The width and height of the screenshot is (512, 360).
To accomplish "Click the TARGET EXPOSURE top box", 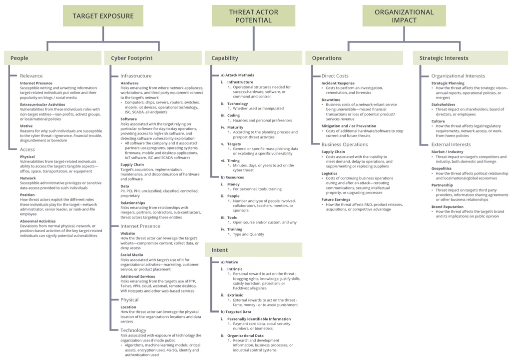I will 103,16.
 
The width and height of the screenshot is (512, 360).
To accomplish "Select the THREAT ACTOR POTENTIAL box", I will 253,16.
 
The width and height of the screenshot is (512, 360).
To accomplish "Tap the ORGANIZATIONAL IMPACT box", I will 404,16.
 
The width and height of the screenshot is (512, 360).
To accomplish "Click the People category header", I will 52,58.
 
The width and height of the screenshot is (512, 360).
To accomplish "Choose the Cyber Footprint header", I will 152,58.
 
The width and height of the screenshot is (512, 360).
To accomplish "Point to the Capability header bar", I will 253,58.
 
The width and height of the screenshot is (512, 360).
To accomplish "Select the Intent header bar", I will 253,250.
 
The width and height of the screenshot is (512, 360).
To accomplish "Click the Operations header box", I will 354,58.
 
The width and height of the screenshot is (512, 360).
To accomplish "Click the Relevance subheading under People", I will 31,76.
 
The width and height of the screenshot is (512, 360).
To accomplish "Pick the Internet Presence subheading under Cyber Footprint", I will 140,226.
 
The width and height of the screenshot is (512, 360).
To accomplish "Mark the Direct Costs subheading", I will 335,76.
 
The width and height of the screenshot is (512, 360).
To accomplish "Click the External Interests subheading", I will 451,144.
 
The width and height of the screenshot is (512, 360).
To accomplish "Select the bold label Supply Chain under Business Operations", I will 333,152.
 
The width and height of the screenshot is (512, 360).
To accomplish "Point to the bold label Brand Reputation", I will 448,206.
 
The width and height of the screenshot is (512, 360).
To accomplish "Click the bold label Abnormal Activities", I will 38,221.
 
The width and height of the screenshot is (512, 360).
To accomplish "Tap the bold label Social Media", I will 132,255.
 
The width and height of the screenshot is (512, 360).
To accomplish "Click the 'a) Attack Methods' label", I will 238,75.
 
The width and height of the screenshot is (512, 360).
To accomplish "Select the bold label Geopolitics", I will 442,168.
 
